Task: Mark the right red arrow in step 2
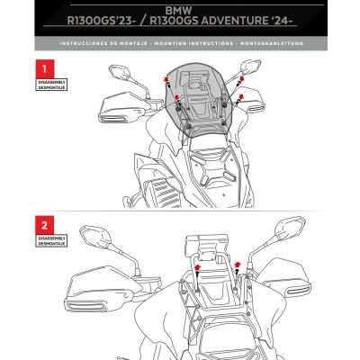(x=237, y=264)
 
